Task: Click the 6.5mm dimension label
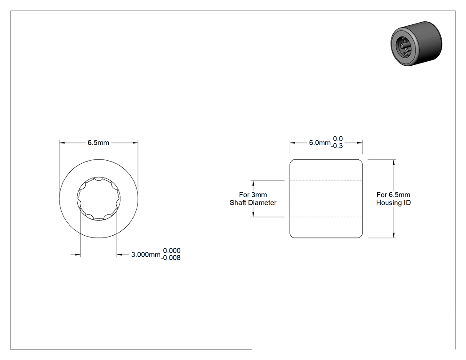pyautogui.click(x=98, y=142)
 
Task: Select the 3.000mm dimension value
pyautogui.click(x=146, y=254)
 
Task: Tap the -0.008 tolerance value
pyautogui.click(x=170, y=258)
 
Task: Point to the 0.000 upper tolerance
pyautogui.click(x=172, y=251)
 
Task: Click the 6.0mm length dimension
pyautogui.click(x=320, y=142)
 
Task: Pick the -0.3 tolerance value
pyautogui.click(x=337, y=146)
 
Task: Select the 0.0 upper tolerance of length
pyautogui.click(x=338, y=139)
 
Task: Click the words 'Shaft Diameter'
pyautogui.click(x=253, y=203)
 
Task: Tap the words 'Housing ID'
pyautogui.click(x=393, y=203)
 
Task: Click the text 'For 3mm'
pyautogui.click(x=253, y=195)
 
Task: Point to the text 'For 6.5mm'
pyautogui.click(x=393, y=195)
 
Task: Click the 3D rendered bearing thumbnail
pyautogui.click(x=416, y=44)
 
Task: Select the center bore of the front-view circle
pyautogui.click(x=99, y=198)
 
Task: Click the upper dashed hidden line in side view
pyautogui.click(x=326, y=181)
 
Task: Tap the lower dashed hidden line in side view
pyautogui.click(x=326, y=217)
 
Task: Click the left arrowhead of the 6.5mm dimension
pyautogui.click(x=62, y=142)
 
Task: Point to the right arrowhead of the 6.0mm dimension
pyautogui.click(x=359, y=142)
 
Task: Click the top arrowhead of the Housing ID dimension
pyautogui.click(x=394, y=162)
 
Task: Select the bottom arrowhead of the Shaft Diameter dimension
pyautogui.click(x=253, y=214)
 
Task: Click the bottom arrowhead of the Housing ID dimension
pyautogui.click(x=394, y=235)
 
